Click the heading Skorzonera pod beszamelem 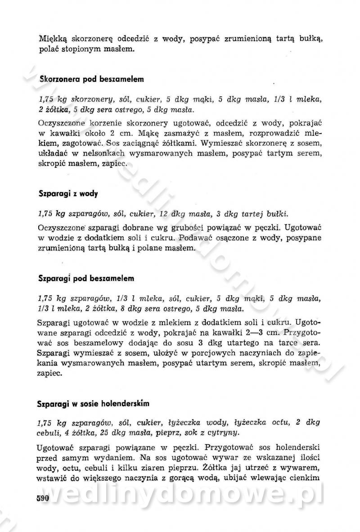pyautogui.click(x=91, y=79)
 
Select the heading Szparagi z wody pyautogui.click(x=68, y=194)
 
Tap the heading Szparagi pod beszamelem pyautogui.click(x=85, y=278)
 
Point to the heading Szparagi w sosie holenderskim pyautogui.click(x=93, y=403)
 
